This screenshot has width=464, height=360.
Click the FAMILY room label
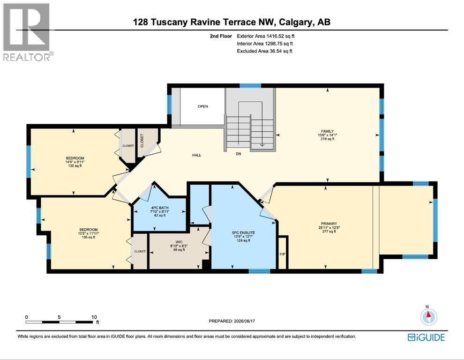(327, 131)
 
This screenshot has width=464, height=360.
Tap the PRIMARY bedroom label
(329, 224)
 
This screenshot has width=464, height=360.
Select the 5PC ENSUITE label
(243, 232)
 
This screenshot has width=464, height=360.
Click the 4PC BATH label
(160, 208)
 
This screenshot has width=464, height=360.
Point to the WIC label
(179, 242)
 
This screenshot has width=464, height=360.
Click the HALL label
(196, 155)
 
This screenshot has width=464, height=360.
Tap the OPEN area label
(202, 106)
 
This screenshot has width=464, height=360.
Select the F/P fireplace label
(282, 254)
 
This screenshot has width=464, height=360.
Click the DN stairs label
(239, 154)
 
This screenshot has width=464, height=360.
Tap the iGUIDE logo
(426, 337)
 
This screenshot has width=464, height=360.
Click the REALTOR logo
(28, 32)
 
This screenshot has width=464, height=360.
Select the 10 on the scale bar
(94, 317)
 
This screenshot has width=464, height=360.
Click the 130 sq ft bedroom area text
(75, 166)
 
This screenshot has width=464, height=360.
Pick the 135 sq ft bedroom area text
(88, 237)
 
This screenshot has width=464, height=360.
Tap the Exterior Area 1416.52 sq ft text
(265, 36)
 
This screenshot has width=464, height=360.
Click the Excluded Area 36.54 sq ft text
(264, 51)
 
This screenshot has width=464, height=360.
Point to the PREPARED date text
(232, 321)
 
